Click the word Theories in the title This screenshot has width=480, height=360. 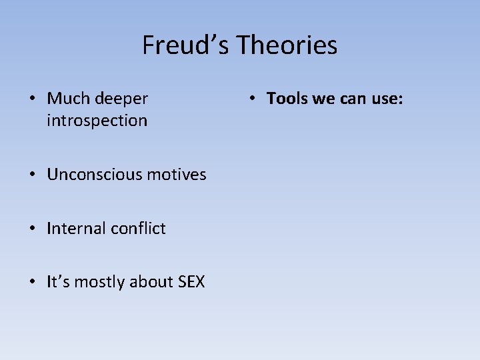point(287,45)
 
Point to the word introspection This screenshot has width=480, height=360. point(97,121)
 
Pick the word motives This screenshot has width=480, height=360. point(177,175)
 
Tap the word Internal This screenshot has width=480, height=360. point(73,229)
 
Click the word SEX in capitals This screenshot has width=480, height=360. point(191,282)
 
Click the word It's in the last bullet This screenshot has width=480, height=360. point(58,282)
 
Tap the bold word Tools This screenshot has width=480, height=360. point(285,99)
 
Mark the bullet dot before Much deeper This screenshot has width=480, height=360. point(32,99)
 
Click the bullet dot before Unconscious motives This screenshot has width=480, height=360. point(32,175)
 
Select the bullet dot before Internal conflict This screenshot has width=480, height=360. point(32,229)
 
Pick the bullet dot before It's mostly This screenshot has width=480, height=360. point(32,283)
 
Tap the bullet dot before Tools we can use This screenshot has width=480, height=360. point(252,99)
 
